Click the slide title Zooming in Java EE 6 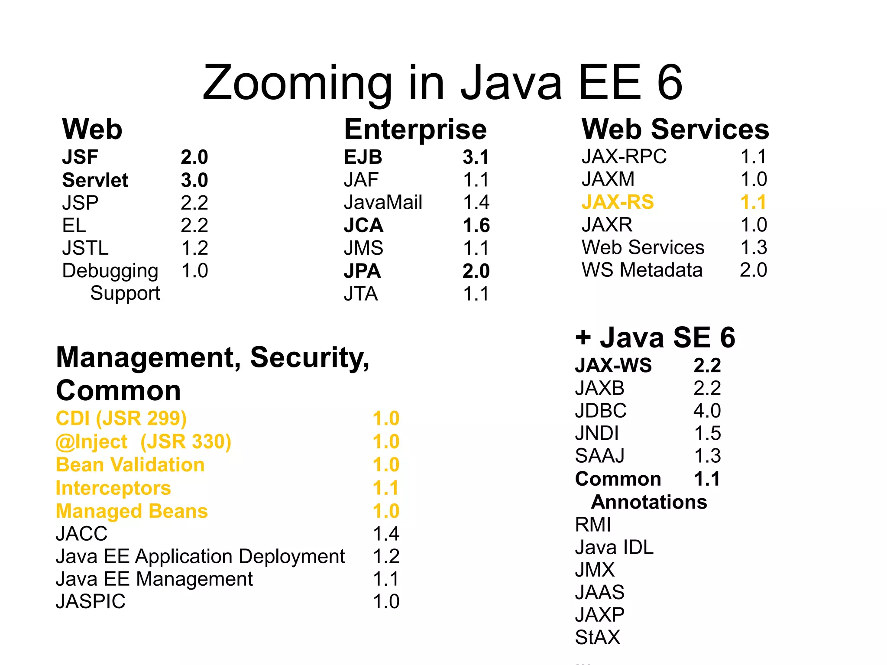442,82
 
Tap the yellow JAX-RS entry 617,202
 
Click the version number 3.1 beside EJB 476,157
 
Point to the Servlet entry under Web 95,180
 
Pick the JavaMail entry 382,202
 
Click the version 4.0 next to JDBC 706,410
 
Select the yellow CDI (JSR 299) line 121,418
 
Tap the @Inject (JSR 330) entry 143,441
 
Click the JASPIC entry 91,601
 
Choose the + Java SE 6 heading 655,337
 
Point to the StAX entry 597,637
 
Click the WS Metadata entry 641,270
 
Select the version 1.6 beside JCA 476,225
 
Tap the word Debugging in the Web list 110,271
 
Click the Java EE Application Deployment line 200,556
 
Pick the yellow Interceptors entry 113,488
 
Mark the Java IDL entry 614,547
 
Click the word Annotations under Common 648,502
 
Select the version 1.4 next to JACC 385,534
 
